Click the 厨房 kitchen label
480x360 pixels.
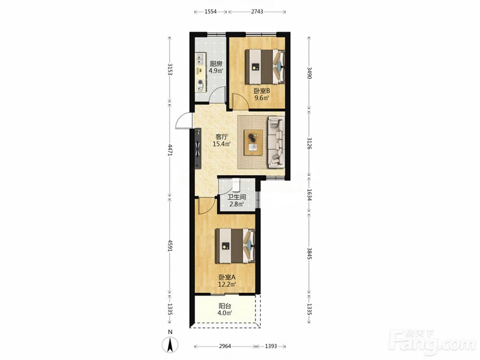[216, 64]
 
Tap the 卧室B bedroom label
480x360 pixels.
[262, 91]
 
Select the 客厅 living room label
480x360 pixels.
[222, 136]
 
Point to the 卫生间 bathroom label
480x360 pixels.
[237, 197]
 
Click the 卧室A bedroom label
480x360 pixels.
[227, 277]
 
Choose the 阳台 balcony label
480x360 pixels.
[225, 306]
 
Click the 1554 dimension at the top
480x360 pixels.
[210, 12]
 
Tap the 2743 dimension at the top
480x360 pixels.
[257, 12]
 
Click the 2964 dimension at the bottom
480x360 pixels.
[225, 346]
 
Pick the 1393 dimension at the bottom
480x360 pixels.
[271, 346]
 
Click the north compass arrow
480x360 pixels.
[170, 344]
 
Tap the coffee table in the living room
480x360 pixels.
[253, 143]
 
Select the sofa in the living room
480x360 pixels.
[276, 142]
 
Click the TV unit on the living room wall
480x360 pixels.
[198, 148]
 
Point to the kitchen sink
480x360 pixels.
[201, 59]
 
